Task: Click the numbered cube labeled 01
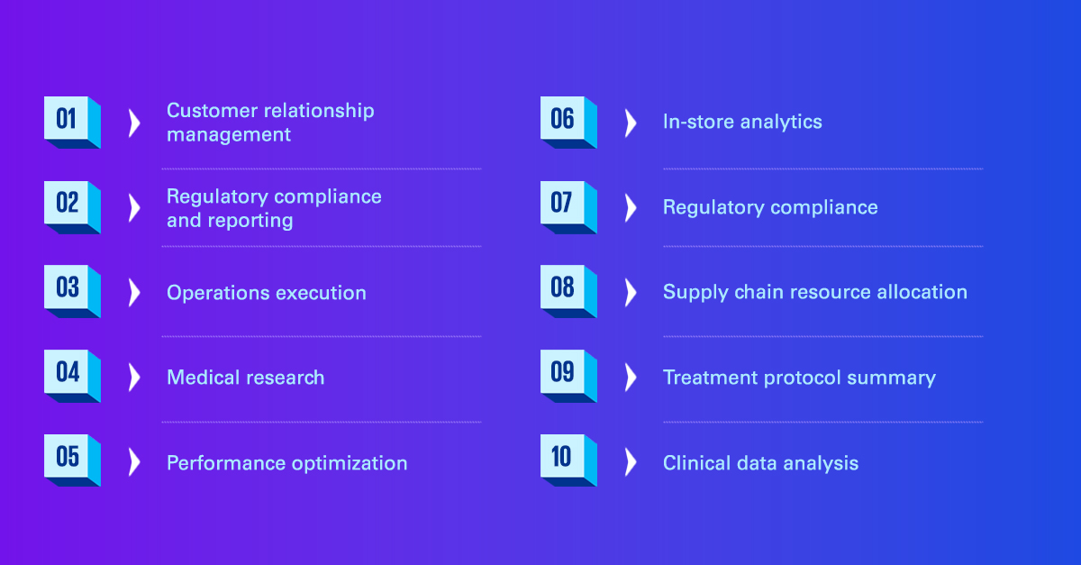coord(72,123)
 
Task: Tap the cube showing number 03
coord(72,291)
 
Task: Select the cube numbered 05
coord(72,460)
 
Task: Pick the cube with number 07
coord(568,207)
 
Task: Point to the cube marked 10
coord(568,460)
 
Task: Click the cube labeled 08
coord(568,291)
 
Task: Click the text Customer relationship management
coord(270,123)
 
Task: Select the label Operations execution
coord(267,293)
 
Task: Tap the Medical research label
coord(246,378)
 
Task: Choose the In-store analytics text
coord(742,123)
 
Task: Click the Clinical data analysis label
coord(760,463)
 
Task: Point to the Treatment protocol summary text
coord(799,378)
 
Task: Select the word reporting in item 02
coord(250,221)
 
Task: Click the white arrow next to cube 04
coord(134,378)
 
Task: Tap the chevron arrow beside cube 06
coord(631,123)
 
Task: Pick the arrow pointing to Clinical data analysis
coord(631,462)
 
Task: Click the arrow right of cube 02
coord(134,208)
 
